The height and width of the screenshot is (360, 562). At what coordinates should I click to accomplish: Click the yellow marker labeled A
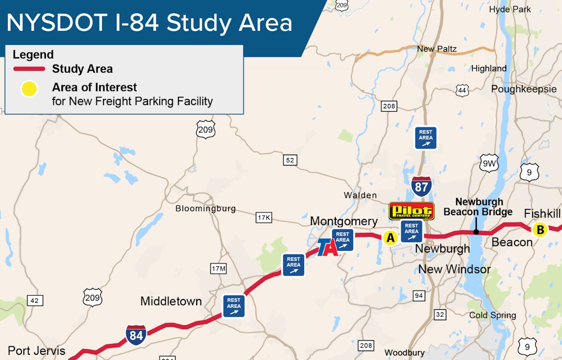[x=390, y=238]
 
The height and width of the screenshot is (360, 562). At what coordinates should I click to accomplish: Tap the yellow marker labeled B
[x=540, y=230]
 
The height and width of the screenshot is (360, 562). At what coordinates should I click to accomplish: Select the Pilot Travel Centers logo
[x=412, y=211]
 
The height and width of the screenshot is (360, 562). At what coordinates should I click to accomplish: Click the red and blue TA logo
[x=327, y=247]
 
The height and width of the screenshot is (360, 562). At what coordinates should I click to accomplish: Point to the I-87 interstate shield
[x=421, y=187]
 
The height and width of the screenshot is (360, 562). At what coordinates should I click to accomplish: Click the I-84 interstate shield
[x=136, y=335]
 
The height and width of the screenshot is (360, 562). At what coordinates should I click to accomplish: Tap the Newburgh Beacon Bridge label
[x=478, y=207]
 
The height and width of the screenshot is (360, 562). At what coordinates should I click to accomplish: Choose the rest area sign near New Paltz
[x=426, y=138]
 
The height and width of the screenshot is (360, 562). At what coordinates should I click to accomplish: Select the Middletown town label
[x=171, y=301]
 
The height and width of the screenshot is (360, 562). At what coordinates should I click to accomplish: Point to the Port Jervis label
[x=37, y=351]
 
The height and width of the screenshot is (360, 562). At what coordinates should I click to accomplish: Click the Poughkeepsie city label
[x=524, y=89]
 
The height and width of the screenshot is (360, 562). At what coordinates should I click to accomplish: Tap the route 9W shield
[x=488, y=163]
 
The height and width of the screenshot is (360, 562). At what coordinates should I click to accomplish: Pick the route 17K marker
[x=264, y=218]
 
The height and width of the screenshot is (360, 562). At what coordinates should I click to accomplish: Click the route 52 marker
[x=290, y=160]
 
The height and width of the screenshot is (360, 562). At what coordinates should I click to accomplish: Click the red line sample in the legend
[x=29, y=69]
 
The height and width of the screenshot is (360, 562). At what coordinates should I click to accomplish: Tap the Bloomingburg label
[x=206, y=209]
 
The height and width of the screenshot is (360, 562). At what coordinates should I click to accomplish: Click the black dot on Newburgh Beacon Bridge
[x=476, y=232]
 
